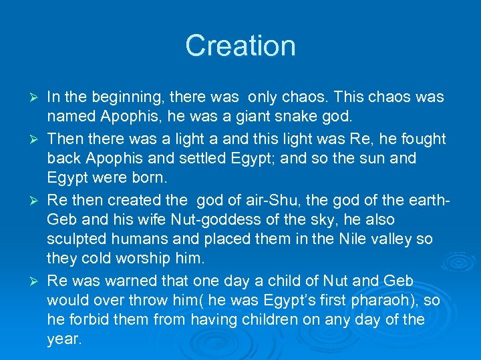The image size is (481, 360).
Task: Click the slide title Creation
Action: click(240, 46)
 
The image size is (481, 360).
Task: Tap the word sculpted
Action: click(77, 239)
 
